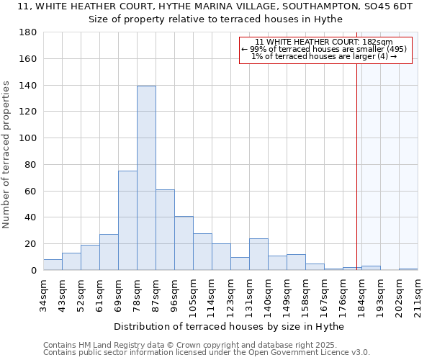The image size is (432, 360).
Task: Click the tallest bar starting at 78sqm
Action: click(146, 178)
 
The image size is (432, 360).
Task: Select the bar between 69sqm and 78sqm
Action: click(127, 220)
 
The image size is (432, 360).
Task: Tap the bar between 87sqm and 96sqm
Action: click(165, 230)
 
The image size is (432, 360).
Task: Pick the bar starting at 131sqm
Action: click(258, 254)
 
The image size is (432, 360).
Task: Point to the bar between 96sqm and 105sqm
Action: click(184, 243)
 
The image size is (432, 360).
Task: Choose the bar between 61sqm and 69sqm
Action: click(109, 252)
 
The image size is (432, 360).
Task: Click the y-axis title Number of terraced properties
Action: click(7, 155)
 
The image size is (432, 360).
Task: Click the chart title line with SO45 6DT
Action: click(215, 6)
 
